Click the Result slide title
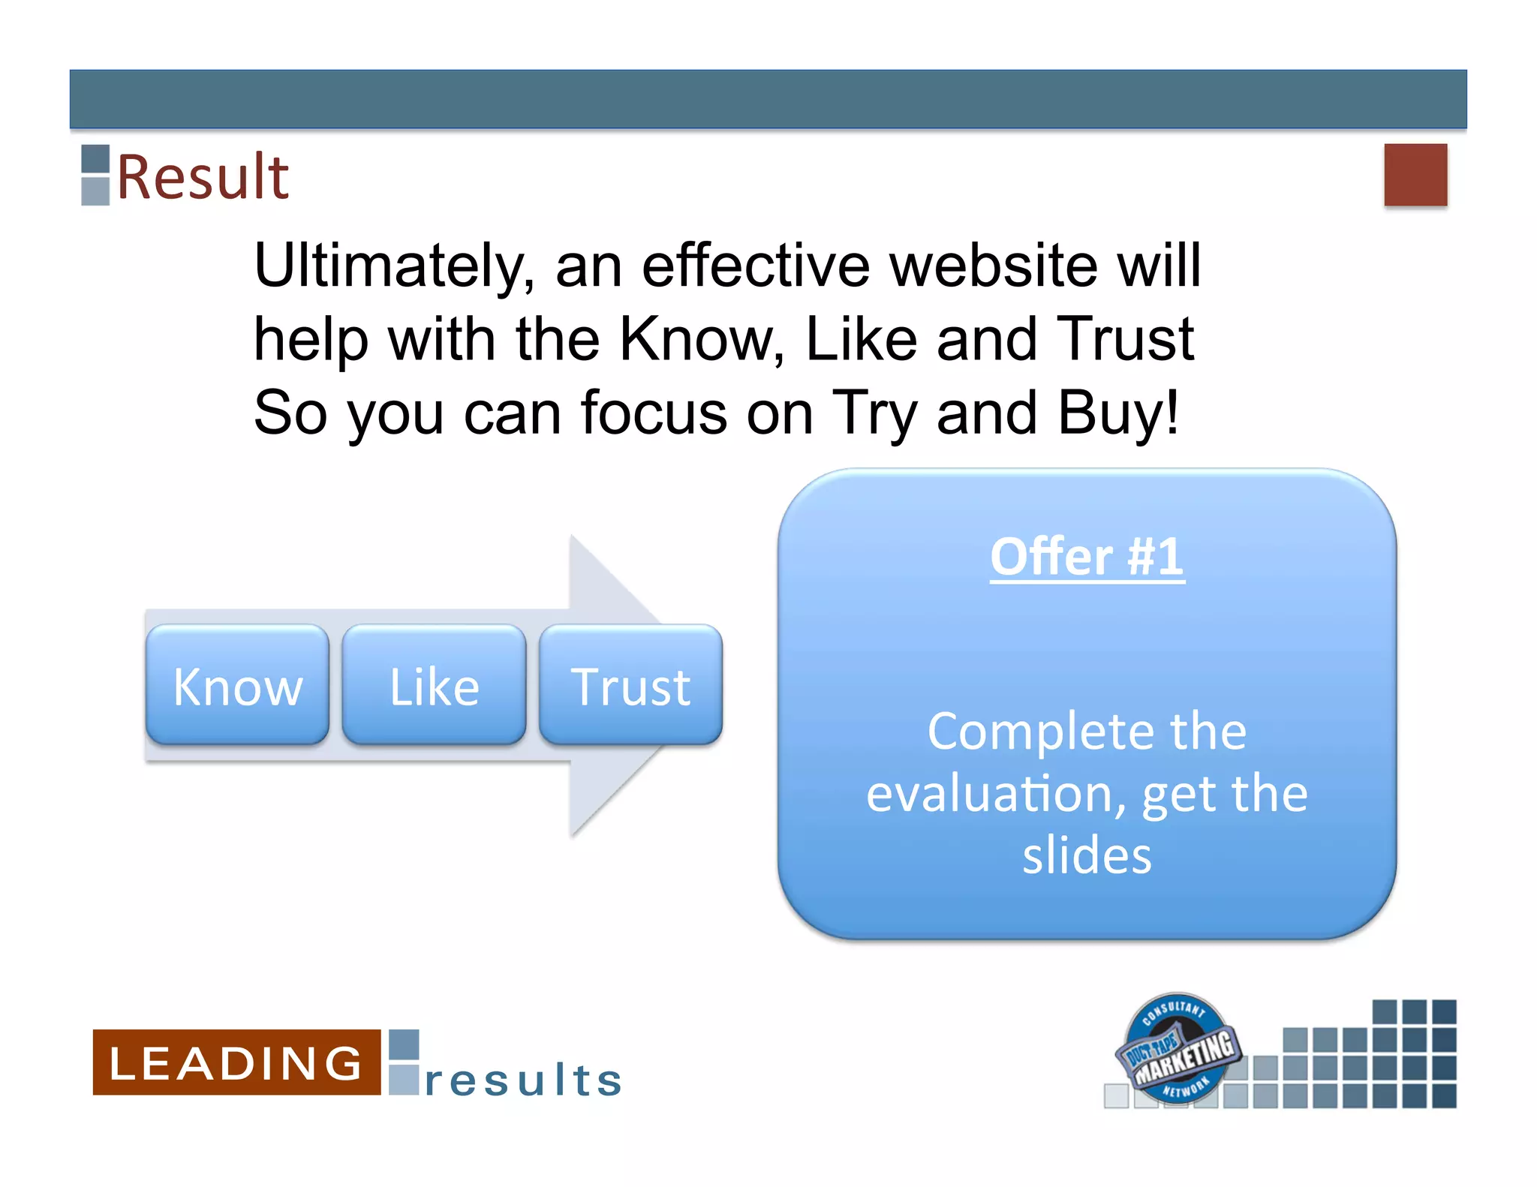click(203, 177)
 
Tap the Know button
click(237, 686)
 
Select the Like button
click(434, 686)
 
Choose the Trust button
click(630, 686)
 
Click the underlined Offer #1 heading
click(1087, 557)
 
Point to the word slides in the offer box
click(1087, 855)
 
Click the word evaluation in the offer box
click(995, 794)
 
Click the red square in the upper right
click(1415, 174)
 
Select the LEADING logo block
click(236, 1062)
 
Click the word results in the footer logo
click(524, 1080)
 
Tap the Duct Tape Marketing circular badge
click(1177, 1049)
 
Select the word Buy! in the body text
click(1118, 413)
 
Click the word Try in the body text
click(875, 413)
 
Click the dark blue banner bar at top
click(768, 99)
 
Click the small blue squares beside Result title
click(95, 174)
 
